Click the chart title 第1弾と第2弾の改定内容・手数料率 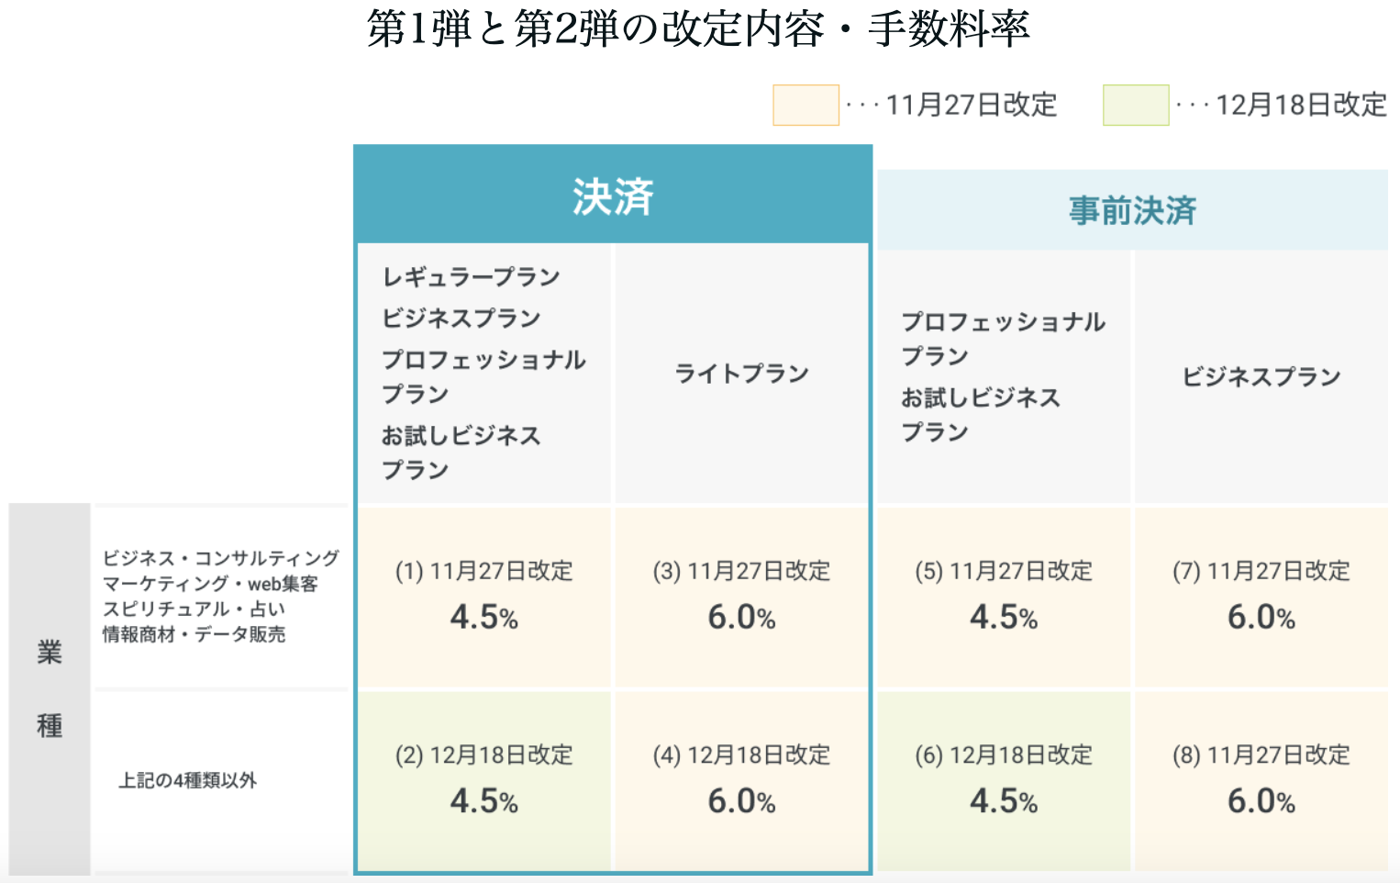(698, 29)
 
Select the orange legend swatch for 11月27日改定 (806, 105)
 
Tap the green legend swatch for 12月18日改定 (1136, 105)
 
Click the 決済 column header (613, 196)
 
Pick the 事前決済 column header (1132, 211)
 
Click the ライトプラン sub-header (741, 374)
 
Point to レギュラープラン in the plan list (471, 277)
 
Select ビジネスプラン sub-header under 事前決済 (1261, 376)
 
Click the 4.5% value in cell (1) (483, 618)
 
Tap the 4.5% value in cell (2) (483, 801)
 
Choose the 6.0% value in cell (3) (741, 618)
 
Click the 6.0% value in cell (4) (741, 801)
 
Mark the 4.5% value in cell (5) (1004, 618)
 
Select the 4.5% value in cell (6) (1004, 801)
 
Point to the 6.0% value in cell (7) (1261, 618)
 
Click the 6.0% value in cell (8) (1261, 801)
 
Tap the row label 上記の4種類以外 (188, 781)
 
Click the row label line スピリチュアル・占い (194, 609)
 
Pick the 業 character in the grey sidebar (50, 653)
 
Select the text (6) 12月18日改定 (1004, 755)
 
